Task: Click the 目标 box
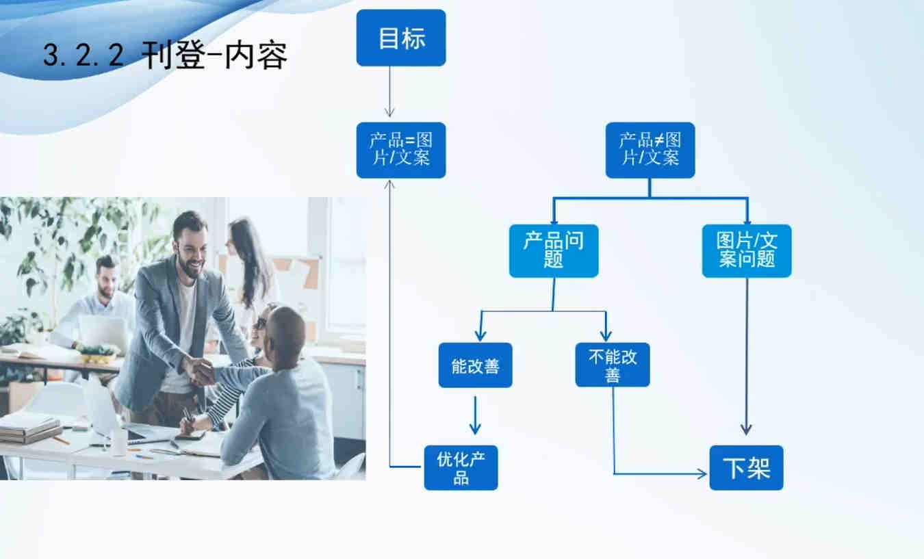tap(401, 38)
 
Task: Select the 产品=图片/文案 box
tap(401, 150)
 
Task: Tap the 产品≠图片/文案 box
tap(650, 150)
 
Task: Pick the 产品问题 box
tap(554, 250)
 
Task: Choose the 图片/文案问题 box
tap(747, 250)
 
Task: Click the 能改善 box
tap(475, 365)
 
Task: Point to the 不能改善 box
tap(613, 365)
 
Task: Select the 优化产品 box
tap(461, 467)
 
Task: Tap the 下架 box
tap(746, 467)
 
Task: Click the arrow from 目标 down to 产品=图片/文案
tap(389, 92)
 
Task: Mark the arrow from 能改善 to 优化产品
tap(475, 415)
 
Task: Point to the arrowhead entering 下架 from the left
tap(702, 474)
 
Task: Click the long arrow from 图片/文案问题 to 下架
tap(746, 356)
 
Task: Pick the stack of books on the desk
tap(29, 429)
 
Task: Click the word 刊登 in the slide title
tap(173, 55)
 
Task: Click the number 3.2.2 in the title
tap(84, 55)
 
